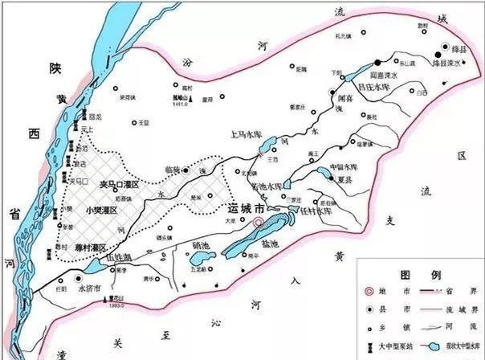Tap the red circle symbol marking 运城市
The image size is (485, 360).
pos(259,223)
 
